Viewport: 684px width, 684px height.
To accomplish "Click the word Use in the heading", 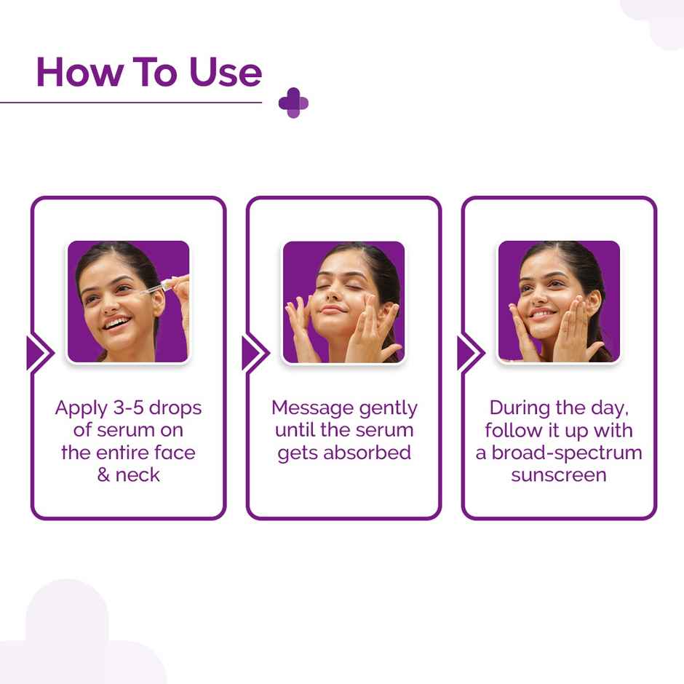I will tap(225, 73).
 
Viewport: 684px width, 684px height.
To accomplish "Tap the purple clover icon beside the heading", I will tap(293, 103).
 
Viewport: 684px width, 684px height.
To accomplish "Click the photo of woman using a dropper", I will tap(128, 301).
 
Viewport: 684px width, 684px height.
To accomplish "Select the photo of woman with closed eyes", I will tap(343, 301).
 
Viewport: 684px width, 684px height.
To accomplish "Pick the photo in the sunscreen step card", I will tap(559, 301).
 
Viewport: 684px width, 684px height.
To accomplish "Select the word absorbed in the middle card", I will tap(367, 453).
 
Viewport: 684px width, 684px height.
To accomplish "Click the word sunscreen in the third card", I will tap(559, 475).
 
